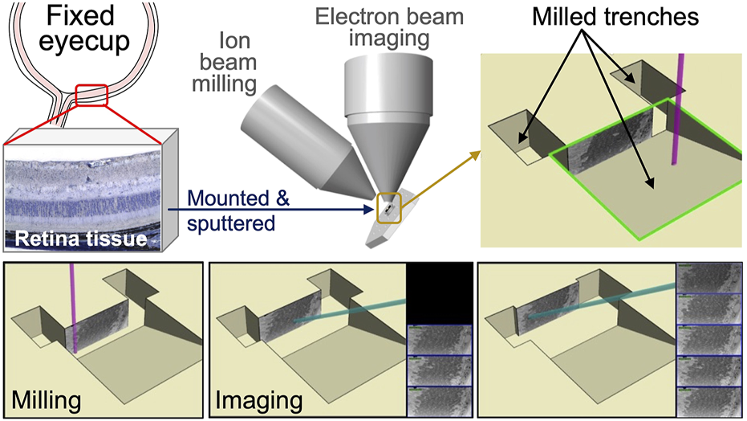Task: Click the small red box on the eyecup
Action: coord(90,95)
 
